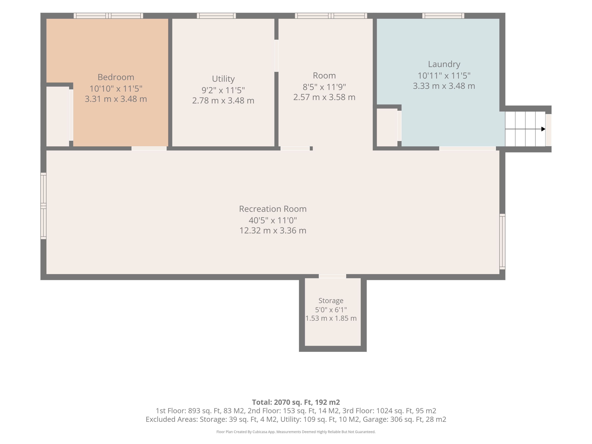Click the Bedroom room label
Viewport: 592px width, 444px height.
coord(116,77)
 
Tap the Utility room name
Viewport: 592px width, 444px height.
coord(223,79)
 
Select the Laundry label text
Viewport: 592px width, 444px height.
coord(444,64)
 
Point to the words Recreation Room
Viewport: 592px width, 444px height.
coord(273,209)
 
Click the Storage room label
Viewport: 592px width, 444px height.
coord(331,301)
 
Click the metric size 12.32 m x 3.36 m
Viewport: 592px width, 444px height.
coord(273,230)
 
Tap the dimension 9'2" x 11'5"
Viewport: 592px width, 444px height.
coord(223,90)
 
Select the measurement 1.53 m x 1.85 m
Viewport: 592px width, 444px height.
coord(331,318)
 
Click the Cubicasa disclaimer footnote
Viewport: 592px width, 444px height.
coord(296,432)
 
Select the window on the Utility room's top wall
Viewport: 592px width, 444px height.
coord(216,16)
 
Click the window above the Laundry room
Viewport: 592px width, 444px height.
coord(443,16)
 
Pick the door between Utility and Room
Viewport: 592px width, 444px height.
coord(276,56)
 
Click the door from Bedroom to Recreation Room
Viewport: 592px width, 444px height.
coord(149,148)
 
